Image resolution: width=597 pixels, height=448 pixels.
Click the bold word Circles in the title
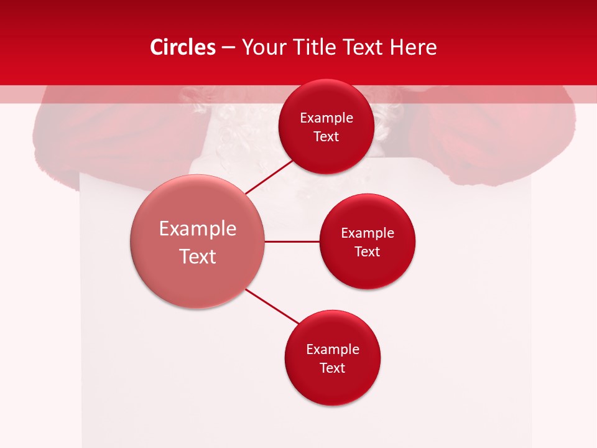[183, 47]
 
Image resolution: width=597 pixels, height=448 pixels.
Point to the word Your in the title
[262, 47]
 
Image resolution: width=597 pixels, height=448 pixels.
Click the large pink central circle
[198, 280]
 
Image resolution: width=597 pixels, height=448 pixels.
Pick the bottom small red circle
[332, 386]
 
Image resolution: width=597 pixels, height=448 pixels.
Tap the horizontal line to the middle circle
[292, 241]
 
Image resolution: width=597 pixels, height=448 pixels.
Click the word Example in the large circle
[198, 229]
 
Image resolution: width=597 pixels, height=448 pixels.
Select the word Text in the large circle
[198, 256]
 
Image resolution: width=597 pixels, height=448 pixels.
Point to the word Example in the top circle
[326, 118]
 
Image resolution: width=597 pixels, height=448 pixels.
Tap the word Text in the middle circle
[367, 251]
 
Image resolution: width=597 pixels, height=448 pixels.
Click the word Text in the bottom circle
[332, 368]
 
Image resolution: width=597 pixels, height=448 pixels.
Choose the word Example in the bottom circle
[332, 350]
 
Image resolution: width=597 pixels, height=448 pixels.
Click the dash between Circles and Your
[228, 47]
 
